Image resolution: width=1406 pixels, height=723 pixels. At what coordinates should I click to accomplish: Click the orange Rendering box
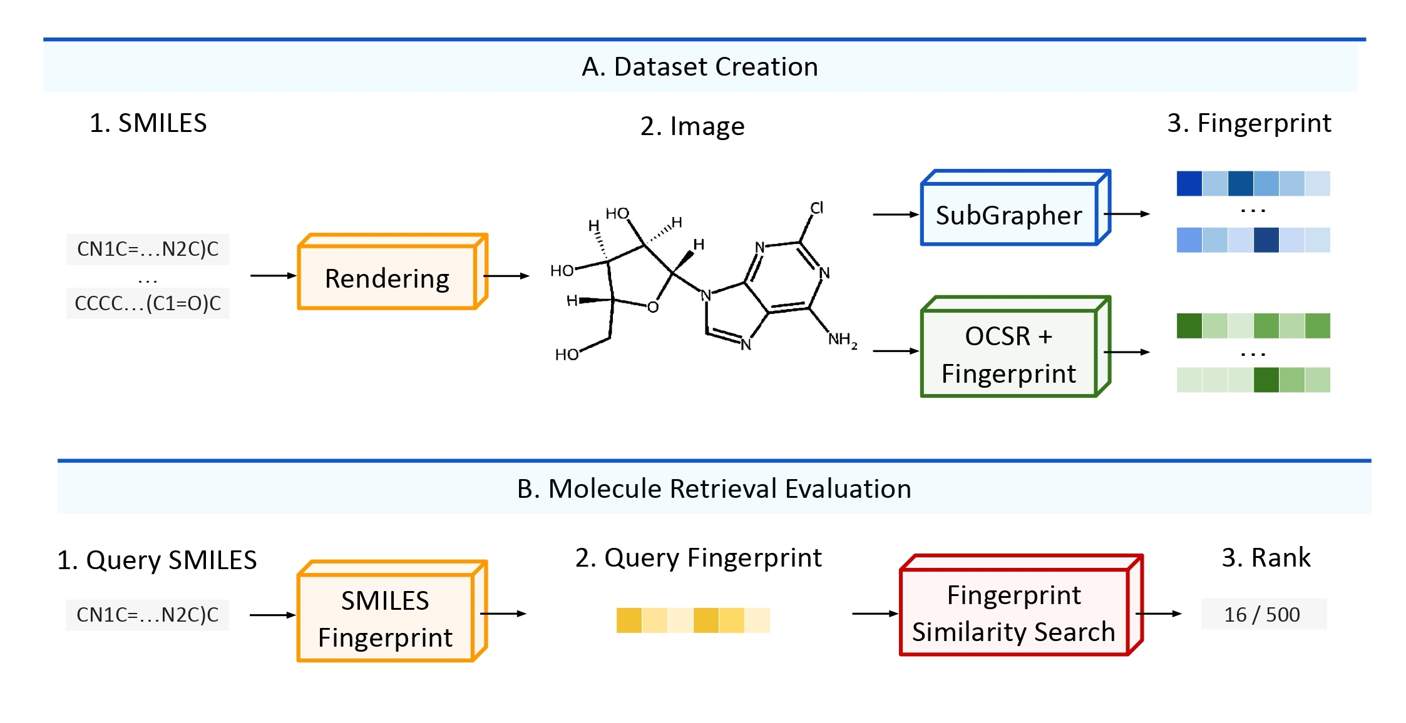click(x=387, y=278)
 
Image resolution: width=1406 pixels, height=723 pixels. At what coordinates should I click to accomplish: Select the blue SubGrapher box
click(x=1008, y=215)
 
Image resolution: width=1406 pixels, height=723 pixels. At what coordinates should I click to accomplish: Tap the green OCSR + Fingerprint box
click(x=1008, y=353)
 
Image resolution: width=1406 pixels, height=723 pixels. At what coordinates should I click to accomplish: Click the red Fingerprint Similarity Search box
click(x=1013, y=613)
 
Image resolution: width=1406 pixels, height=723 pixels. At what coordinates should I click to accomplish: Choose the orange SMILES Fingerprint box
click(x=385, y=618)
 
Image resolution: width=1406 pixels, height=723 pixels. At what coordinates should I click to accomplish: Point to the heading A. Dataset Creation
click(x=700, y=66)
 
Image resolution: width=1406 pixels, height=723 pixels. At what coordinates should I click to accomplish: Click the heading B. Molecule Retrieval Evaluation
click(x=714, y=488)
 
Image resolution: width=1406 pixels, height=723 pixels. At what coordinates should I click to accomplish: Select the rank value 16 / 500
click(x=1262, y=614)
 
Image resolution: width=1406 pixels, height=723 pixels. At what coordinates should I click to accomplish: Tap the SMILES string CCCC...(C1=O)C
click(x=148, y=303)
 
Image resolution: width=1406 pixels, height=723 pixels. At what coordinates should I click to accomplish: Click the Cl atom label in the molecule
click(x=817, y=208)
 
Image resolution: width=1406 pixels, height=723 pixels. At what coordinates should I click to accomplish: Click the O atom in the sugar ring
click(x=653, y=307)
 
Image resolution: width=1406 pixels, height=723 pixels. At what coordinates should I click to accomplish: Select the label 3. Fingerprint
click(x=1249, y=123)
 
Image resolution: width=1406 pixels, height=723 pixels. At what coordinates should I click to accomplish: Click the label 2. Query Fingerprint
click(x=698, y=557)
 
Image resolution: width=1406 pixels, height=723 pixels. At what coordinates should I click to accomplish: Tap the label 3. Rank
click(x=1266, y=557)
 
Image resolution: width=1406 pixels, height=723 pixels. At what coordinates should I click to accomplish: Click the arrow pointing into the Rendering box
click(x=273, y=276)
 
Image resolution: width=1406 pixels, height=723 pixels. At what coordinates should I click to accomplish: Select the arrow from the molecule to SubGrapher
click(x=896, y=215)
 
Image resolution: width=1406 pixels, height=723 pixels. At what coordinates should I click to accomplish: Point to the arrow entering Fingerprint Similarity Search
click(x=875, y=614)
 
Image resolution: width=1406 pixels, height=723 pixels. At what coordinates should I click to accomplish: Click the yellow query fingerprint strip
click(x=693, y=620)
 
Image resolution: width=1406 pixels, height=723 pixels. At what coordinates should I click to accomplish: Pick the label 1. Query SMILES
click(x=157, y=560)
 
